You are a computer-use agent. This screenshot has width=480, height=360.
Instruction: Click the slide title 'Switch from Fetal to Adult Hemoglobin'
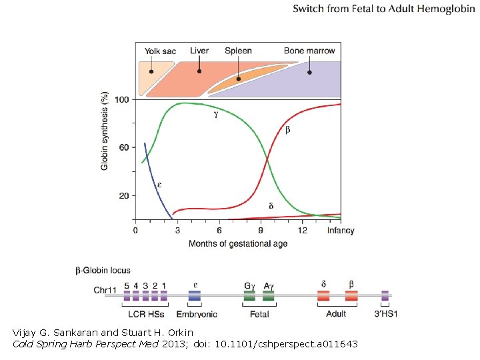[x=383, y=9]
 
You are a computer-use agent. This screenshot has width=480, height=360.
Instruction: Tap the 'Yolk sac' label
[x=161, y=51]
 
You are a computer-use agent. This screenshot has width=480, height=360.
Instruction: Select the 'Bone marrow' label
[x=309, y=51]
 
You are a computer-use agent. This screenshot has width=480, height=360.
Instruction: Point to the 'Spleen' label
[x=238, y=51]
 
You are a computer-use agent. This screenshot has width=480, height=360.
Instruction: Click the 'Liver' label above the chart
[x=199, y=51]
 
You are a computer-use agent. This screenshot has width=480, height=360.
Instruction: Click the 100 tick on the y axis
[x=122, y=99]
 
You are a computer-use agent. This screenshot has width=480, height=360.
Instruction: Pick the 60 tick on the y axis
[x=124, y=147]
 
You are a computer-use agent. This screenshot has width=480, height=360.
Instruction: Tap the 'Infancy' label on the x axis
[x=341, y=231]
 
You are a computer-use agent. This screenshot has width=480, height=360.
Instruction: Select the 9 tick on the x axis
[x=261, y=231]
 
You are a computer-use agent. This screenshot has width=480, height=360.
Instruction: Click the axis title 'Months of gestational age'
[x=238, y=243]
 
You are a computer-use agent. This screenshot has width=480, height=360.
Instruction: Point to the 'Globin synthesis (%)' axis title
[x=105, y=130]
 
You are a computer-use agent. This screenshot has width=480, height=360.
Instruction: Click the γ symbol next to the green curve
[x=215, y=114]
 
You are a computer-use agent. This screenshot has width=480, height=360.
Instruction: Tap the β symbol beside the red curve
[x=287, y=129]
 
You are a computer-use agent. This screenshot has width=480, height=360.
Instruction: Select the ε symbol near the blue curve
[x=159, y=184]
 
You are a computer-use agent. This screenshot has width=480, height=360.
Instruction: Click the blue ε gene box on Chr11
[x=195, y=295]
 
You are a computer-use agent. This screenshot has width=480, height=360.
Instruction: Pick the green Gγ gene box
[x=249, y=295]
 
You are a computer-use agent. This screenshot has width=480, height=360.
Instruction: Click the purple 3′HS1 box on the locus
[x=385, y=295]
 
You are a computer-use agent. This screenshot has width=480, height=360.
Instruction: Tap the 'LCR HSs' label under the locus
[x=145, y=313]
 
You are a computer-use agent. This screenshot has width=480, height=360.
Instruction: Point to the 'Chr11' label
[x=105, y=290]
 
